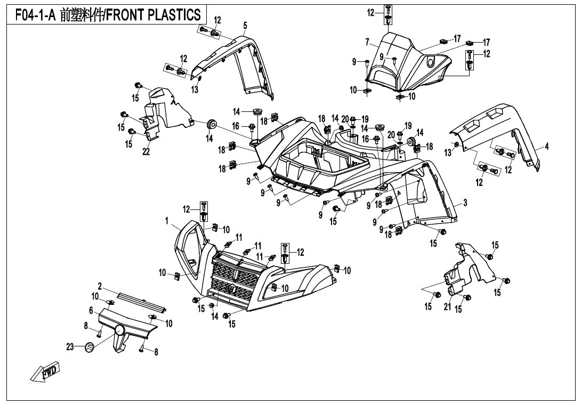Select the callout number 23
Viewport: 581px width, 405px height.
[x=70, y=347]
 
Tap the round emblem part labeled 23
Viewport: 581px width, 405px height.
[x=90, y=347]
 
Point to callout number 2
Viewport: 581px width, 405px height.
[x=100, y=287]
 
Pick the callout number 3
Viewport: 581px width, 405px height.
[x=91, y=310]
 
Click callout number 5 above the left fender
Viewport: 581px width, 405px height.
[x=245, y=25]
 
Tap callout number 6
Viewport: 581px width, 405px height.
[x=91, y=310]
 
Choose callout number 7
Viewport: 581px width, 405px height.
[x=367, y=42]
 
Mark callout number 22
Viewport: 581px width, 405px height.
[x=146, y=152]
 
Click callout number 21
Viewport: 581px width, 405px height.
[x=447, y=307]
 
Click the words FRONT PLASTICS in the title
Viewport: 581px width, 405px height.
[x=154, y=15]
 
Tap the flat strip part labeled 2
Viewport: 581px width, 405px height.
[x=141, y=301]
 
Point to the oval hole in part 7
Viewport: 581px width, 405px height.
[x=430, y=63]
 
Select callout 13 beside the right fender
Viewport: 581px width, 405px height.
[x=448, y=153]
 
